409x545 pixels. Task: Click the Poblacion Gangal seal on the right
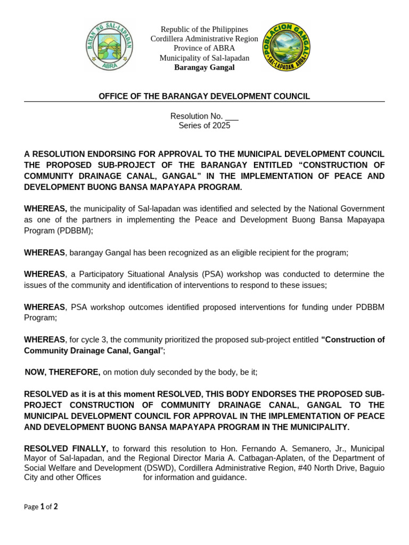point(286,48)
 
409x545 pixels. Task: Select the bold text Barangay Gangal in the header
point(204,68)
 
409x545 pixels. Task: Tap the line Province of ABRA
point(204,48)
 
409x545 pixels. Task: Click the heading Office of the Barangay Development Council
point(204,96)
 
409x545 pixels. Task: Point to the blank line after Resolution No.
point(232,117)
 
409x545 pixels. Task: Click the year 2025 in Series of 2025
point(221,126)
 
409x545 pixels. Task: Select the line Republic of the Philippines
point(204,29)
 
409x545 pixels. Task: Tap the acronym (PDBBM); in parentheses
point(75,230)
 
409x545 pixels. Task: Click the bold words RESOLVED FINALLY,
point(67,449)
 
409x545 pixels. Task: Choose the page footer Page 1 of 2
point(41,507)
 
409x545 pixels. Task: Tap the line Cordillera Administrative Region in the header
point(204,39)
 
